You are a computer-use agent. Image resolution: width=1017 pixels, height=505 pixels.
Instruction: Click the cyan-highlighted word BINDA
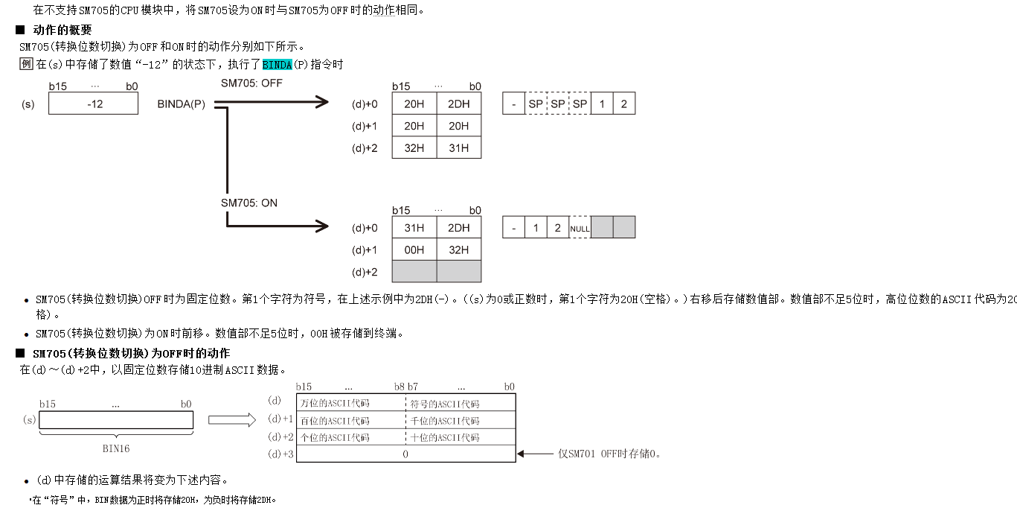pyautogui.click(x=277, y=65)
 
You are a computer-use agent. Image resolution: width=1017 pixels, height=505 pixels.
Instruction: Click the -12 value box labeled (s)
pyautogui.click(x=94, y=104)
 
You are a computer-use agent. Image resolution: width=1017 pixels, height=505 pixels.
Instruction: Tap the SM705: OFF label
pyautogui.click(x=251, y=83)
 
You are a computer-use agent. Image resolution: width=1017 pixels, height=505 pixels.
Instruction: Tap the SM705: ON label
pyautogui.click(x=249, y=203)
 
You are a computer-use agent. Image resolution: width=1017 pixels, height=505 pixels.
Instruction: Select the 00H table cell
pyautogui.click(x=414, y=250)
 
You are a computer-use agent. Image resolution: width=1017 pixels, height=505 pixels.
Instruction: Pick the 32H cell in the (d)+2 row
pyautogui.click(x=414, y=147)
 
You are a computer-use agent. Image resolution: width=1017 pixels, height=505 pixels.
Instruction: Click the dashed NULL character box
pyautogui.click(x=580, y=228)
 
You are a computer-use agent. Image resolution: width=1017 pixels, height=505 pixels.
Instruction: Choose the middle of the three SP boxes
pyautogui.click(x=557, y=104)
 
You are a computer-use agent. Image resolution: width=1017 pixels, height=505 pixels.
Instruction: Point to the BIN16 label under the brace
pyautogui.click(x=116, y=449)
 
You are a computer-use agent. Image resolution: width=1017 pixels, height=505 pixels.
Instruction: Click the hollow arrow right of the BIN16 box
pyautogui.click(x=231, y=421)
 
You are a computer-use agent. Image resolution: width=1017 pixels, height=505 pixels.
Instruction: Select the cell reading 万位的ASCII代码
pyautogui.click(x=335, y=404)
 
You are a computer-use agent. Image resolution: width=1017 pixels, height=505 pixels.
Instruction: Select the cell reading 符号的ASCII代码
pyautogui.click(x=445, y=404)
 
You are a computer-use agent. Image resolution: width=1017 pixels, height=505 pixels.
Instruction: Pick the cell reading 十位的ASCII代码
pyautogui.click(x=445, y=437)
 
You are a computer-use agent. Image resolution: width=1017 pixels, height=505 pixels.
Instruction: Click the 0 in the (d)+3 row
pyautogui.click(x=405, y=454)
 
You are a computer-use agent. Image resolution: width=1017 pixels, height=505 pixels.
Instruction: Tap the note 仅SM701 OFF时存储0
pyautogui.click(x=609, y=454)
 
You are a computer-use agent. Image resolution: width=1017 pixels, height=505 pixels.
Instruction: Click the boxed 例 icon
pyautogui.click(x=26, y=64)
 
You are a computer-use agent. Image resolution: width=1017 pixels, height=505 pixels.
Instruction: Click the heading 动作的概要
pyautogui.click(x=62, y=30)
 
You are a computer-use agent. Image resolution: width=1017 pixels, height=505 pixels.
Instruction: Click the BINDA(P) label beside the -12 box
pyautogui.click(x=181, y=104)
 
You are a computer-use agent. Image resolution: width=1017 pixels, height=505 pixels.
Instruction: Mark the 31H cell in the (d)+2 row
pyautogui.click(x=459, y=147)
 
